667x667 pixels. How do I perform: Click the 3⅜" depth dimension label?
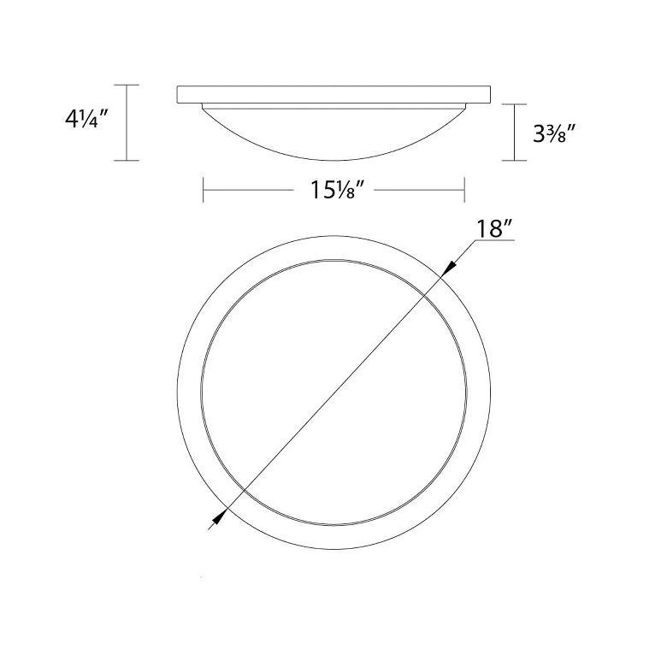tap(552, 133)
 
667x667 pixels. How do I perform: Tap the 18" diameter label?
tap(495, 228)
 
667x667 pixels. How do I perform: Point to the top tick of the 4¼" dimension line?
tap(127, 85)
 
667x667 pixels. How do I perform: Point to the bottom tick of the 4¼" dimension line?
tap(127, 161)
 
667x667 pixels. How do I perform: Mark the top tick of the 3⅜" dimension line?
tap(513, 103)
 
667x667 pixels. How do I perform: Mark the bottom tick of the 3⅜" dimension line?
tap(513, 161)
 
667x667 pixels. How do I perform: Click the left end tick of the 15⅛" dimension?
tap(203, 189)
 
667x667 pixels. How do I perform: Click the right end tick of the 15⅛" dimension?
tap(463, 189)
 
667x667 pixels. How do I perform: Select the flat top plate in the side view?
tap(333, 94)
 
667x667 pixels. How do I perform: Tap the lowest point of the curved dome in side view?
tap(333, 160)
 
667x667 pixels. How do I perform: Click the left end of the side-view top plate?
tap(178, 94)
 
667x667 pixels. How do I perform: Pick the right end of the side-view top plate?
tap(490, 94)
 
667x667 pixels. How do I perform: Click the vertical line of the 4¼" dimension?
tap(127, 122)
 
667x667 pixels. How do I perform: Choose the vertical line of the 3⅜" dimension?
tap(513, 133)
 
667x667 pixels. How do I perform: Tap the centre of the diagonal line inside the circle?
tap(334, 393)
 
